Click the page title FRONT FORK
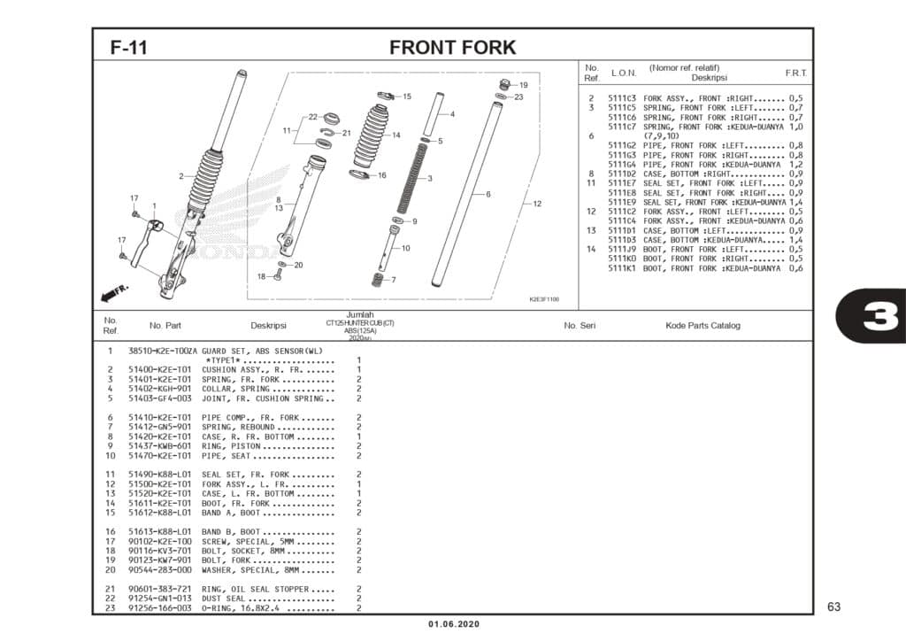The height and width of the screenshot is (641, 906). (452, 47)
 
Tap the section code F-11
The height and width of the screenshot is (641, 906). (128, 48)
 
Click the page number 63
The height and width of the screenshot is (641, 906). (833, 606)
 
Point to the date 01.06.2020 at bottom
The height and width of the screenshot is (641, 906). (454, 625)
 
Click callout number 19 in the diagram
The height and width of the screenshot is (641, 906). (523, 85)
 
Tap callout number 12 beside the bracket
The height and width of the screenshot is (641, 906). (537, 204)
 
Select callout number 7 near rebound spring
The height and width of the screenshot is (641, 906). (393, 280)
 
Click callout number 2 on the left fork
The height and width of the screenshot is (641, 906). (180, 176)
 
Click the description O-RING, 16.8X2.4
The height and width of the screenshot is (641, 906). (250, 608)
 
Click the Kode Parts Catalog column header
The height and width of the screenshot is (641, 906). (703, 326)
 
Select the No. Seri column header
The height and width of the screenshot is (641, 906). (580, 326)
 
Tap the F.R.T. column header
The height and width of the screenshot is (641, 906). (795, 73)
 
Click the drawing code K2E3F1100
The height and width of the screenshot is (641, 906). (543, 299)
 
